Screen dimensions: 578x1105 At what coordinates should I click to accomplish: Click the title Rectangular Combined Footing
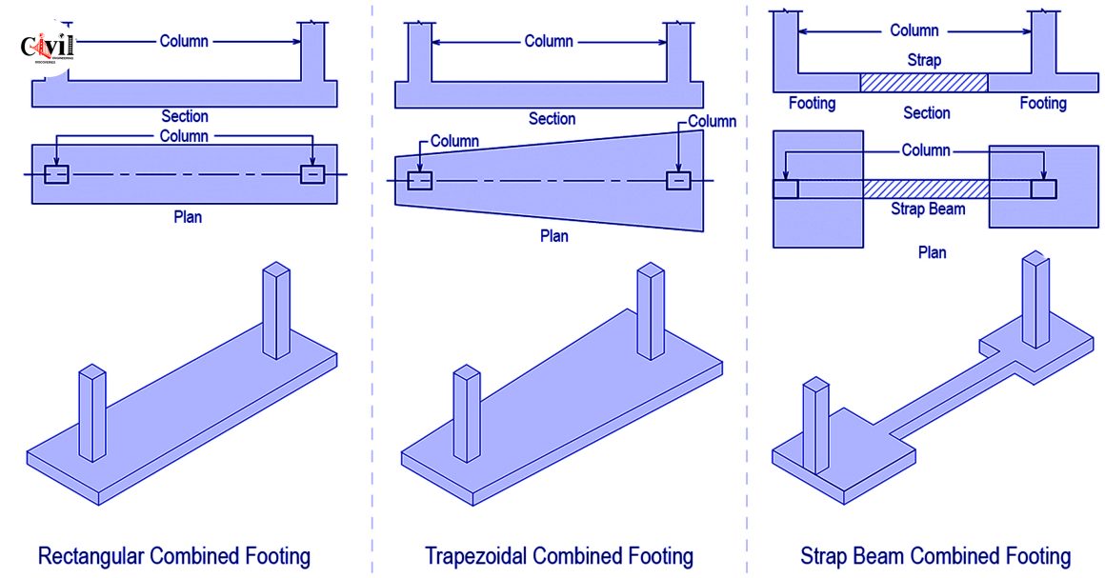[173, 555]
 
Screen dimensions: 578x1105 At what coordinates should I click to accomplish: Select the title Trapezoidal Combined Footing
[558, 555]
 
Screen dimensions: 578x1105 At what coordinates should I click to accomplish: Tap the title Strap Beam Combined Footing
[935, 555]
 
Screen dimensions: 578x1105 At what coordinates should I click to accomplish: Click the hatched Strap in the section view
[923, 83]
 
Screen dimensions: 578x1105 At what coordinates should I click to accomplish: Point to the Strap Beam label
[927, 209]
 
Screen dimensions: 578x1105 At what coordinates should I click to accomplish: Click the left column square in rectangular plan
[56, 174]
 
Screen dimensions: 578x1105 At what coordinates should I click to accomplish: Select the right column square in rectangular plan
[312, 174]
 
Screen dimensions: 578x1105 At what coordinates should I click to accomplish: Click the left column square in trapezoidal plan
[419, 181]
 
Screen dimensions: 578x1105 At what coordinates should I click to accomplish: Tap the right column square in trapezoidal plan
[678, 180]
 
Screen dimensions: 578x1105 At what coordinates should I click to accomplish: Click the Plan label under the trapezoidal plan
[553, 236]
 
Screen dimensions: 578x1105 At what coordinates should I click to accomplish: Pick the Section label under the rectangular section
[184, 116]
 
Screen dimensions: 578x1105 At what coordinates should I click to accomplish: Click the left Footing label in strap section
[812, 103]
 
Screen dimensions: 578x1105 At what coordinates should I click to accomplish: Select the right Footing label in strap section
[1043, 103]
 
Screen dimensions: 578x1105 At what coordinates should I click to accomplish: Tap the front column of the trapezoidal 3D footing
[466, 414]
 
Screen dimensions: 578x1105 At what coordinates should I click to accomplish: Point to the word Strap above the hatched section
[924, 60]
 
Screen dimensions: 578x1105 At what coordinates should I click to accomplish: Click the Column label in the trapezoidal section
[549, 41]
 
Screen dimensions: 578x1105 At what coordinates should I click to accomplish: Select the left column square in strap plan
[785, 189]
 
